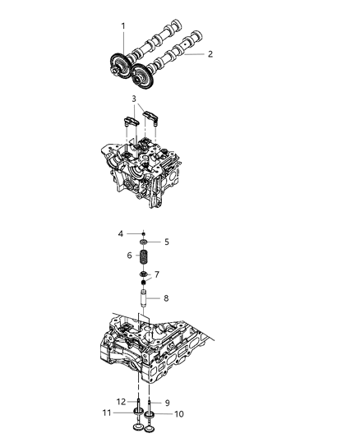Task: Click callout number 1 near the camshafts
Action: tap(123, 26)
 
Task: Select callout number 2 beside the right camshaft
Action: tap(210, 54)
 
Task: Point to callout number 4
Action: tap(122, 234)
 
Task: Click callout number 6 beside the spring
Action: tap(129, 256)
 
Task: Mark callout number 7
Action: tap(158, 274)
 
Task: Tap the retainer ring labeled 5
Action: tap(144, 242)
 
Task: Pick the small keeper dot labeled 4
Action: tap(143, 233)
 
